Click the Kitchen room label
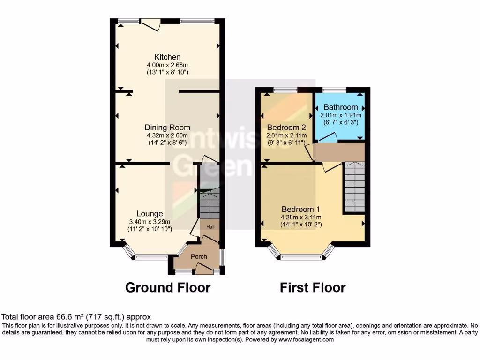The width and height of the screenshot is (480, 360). click(167, 57)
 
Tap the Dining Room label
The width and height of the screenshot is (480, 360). click(167, 127)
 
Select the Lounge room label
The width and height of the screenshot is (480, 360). click(150, 214)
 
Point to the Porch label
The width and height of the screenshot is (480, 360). click(199, 256)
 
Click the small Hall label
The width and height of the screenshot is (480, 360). click(210, 227)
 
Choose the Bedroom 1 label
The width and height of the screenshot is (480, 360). click(300, 209)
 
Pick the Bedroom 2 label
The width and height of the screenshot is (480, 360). click(286, 127)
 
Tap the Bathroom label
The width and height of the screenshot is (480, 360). click(341, 107)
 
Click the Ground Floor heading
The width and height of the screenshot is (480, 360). click(168, 287)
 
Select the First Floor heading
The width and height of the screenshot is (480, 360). click(313, 287)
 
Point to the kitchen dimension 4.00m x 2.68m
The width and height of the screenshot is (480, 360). click(167, 65)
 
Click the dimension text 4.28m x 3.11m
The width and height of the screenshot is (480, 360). click(300, 217)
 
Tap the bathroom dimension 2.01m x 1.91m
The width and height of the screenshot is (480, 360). click(341, 115)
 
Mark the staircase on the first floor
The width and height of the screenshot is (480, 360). click(355, 187)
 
